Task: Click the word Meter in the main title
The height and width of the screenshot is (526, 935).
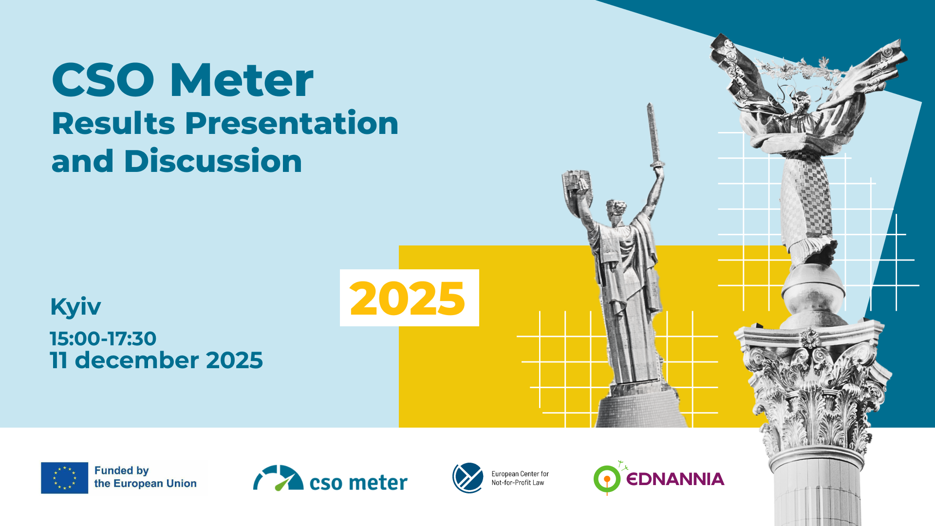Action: tap(242, 80)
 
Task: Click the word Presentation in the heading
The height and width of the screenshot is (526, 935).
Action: tap(292, 124)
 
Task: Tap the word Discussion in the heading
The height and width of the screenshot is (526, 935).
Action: tap(213, 161)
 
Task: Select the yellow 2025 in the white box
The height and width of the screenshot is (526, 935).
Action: tap(408, 298)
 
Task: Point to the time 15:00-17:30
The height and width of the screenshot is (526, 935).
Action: tap(103, 338)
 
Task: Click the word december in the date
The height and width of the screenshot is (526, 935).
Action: tap(137, 360)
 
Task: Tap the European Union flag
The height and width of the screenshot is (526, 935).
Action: tap(65, 478)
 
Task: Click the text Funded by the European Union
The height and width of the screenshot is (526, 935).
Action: tap(145, 477)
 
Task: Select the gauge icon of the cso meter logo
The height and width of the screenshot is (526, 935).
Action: tap(278, 478)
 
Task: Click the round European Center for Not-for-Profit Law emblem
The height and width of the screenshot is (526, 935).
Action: tap(468, 478)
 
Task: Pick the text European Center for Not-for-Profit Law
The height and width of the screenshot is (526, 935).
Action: tap(520, 478)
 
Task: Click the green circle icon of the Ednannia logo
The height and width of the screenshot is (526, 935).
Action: tap(607, 479)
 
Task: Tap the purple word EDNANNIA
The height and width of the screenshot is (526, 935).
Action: tap(675, 479)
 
